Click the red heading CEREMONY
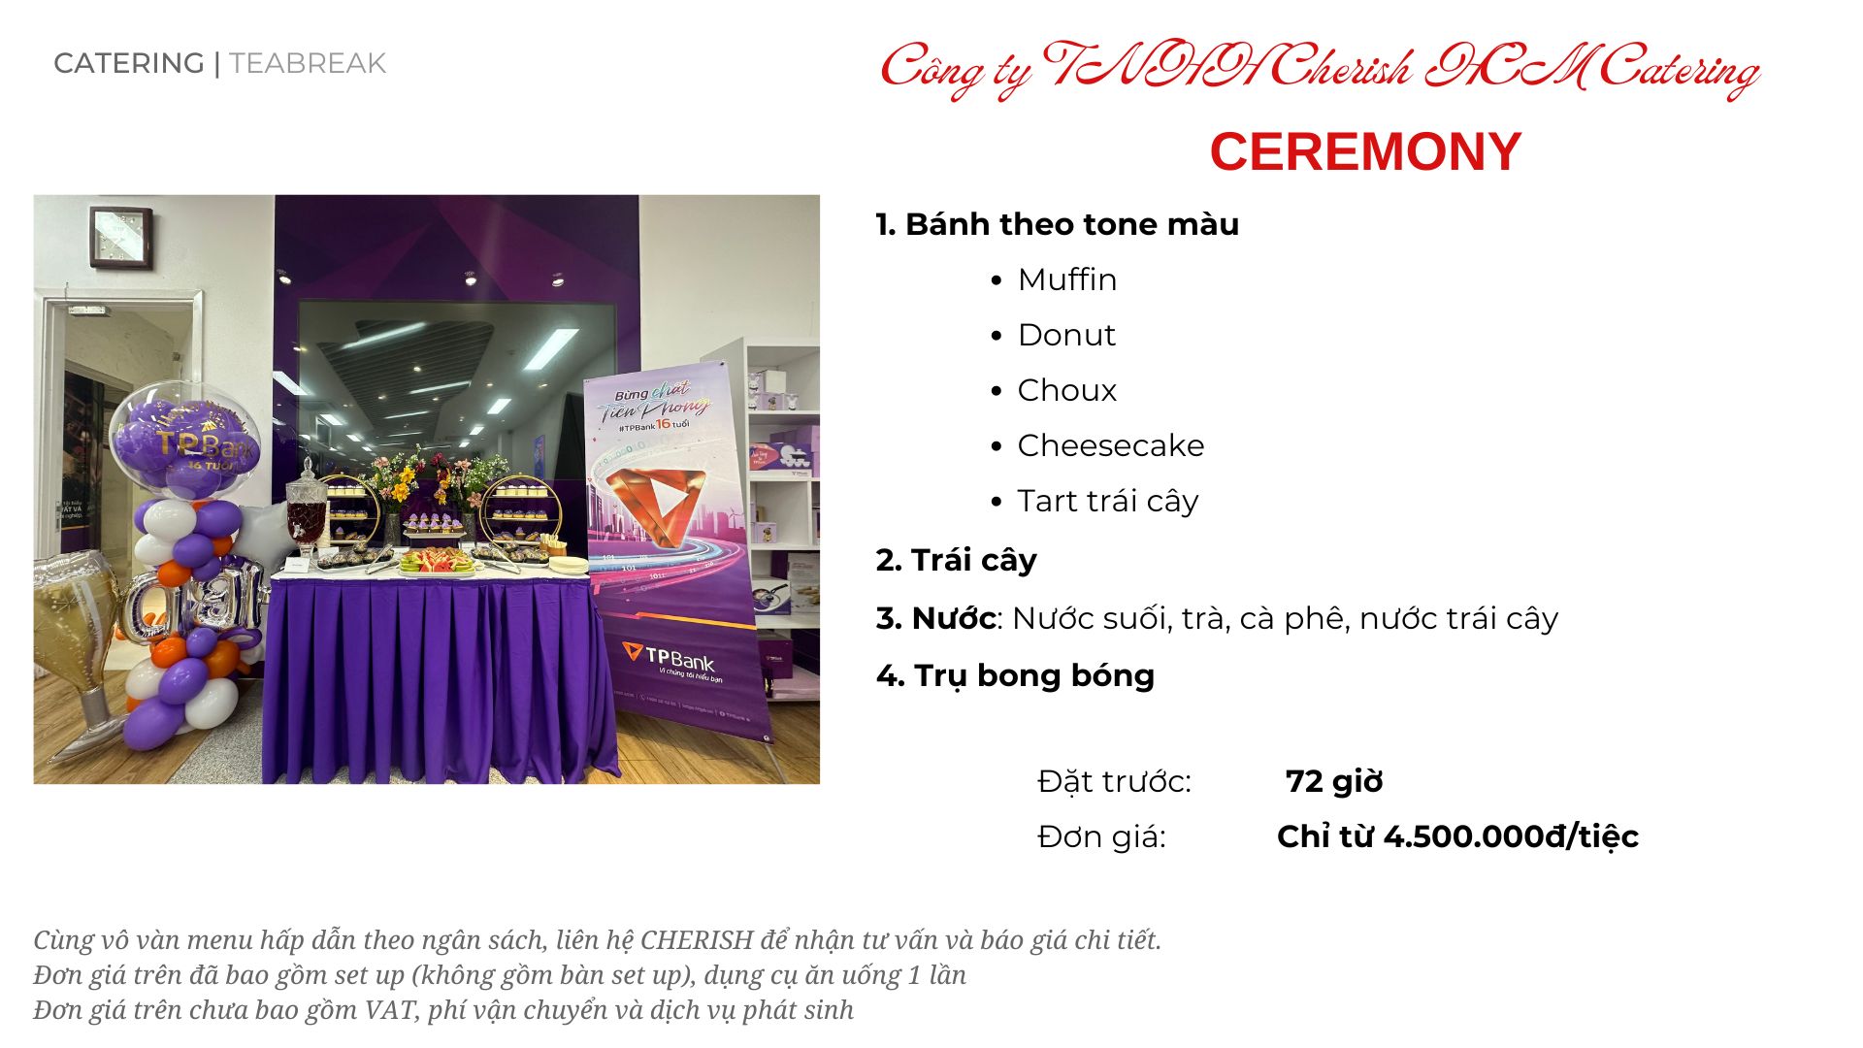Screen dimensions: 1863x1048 pyautogui.click(x=1365, y=152)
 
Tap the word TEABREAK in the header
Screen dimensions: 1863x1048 pyautogui.click(x=308, y=64)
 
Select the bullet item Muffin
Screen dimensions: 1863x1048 pyautogui.click(x=1067, y=279)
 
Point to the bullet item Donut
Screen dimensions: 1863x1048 pyautogui.click(x=1066, y=335)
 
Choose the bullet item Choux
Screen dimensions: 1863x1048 pyautogui.click(x=1067, y=390)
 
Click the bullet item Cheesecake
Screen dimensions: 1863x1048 pyautogui.click(x=1111, y=445)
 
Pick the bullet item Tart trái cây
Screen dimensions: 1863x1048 pyautogui.click(x=1108, y=502)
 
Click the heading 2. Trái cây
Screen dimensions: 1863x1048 pyautogui.click(x=956, y=561)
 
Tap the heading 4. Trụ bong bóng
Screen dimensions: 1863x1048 pyautogui.click(x=1015, y=676)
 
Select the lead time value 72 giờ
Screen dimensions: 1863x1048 pyautogui.click(x=1334, y=781)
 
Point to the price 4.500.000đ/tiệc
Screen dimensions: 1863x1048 pyautogui.click(x=1511, y=836)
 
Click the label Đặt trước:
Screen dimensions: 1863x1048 pyautogui.click(x=1114, y=781)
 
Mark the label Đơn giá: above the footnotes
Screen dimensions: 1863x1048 pyautogui.click(x=1101, y=836)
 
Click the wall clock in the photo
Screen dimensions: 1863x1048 pyautogui.click(x=121, y=238)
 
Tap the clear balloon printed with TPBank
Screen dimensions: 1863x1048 pyautogui.click(x=184, y=442)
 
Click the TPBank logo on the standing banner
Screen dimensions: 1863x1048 pyautogui.click(x=670, y=657)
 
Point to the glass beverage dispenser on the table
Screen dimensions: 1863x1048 pyautogui.click(x=306, y=509)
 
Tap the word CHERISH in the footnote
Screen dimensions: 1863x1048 pyautogui.click(x=697, y=940)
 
